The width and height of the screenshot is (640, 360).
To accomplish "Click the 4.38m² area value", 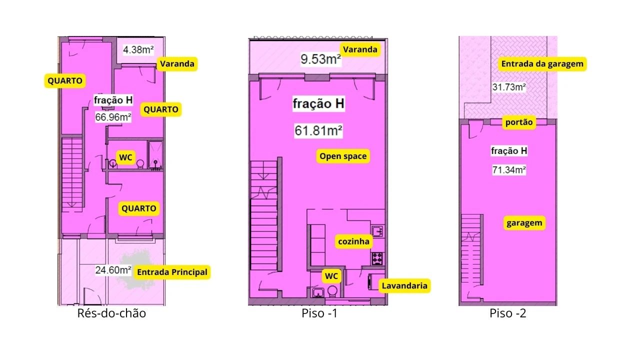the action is [138, 49].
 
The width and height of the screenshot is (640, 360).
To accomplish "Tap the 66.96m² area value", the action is [113, 117].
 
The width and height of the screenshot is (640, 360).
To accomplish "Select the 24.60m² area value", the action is [113, 270].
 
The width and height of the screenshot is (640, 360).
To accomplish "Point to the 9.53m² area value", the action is [320, 59].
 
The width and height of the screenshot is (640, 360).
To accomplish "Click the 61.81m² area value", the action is [318, 131].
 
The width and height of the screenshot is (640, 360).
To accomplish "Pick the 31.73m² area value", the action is [509, 87].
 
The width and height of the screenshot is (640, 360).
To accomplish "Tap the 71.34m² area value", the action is [509, 170].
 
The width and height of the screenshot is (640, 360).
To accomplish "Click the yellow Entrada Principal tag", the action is [172, 272].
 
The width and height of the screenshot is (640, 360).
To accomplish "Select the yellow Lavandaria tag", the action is [404, 285].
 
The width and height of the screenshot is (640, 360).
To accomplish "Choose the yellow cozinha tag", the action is [353, 241].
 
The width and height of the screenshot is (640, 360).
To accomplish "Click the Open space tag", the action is [343, 156].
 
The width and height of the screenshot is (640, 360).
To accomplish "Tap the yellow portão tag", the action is [519, 122].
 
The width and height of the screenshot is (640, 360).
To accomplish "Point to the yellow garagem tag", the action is [524, 223].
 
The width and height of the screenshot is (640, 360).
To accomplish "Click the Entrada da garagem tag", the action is [542, 63].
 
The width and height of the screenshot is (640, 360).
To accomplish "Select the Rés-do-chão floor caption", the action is [111, 313].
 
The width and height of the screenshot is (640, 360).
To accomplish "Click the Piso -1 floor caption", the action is [319, 313].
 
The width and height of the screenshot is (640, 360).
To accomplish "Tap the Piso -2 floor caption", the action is [507, 313].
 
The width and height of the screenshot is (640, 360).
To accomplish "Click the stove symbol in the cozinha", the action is [377, 258].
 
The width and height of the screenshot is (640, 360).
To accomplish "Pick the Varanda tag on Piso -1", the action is [360, 49].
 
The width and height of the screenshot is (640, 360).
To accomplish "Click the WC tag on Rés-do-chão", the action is [125, 157].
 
